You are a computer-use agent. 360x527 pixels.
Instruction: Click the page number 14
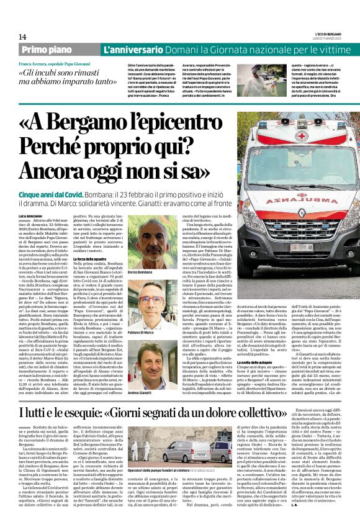pos(22,37)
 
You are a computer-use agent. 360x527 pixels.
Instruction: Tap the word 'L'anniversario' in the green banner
pos(127,49)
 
